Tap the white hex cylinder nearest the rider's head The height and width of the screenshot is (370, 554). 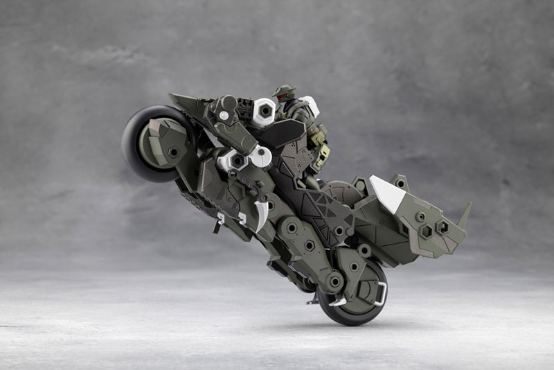click(263, 112)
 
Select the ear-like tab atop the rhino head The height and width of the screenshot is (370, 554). click(400, 182)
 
